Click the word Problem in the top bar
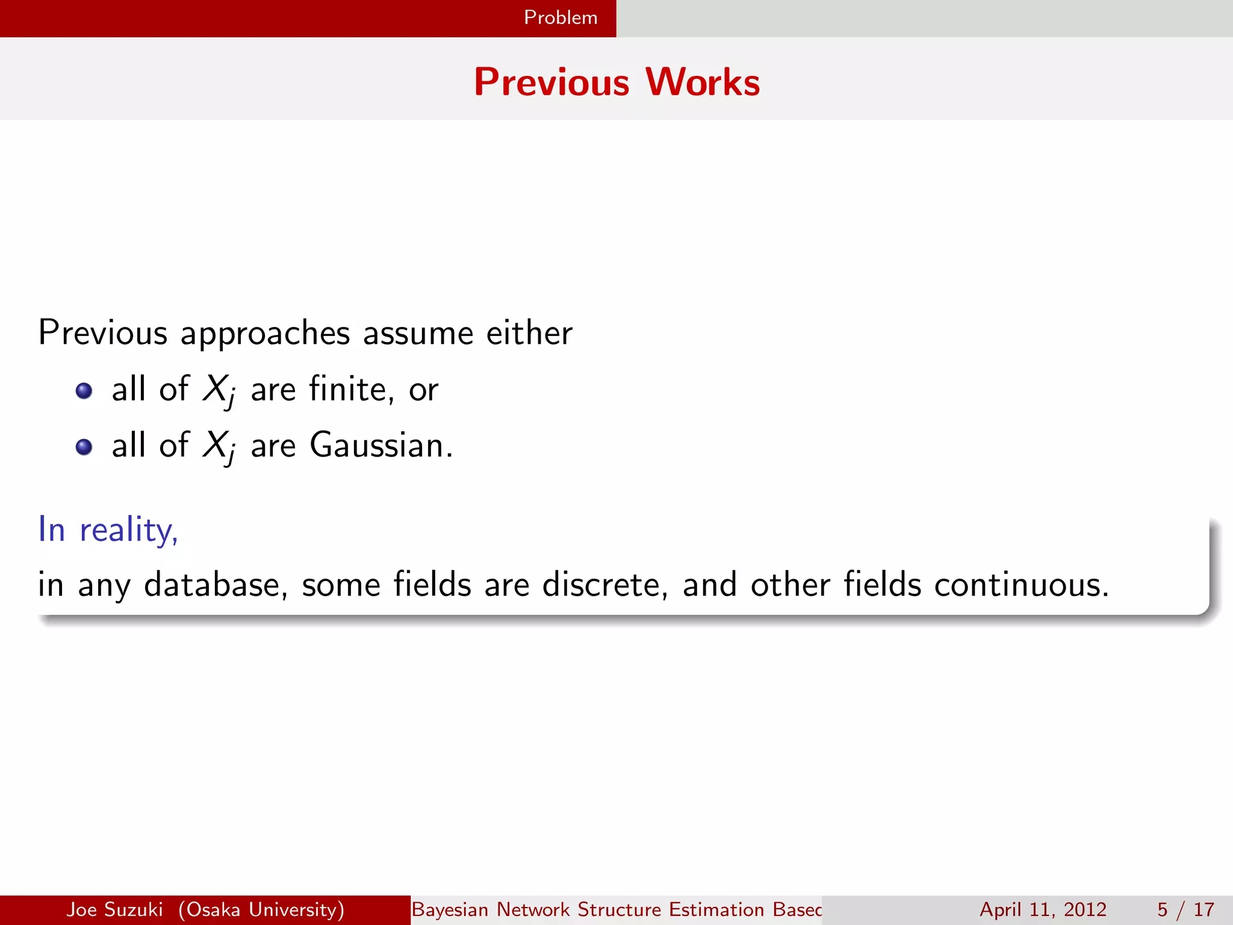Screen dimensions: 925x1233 pyautogui.click(x=561, y=17)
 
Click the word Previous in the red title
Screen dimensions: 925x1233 pyautogui.click(x=551, y=82)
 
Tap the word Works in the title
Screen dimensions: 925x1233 pyautogui.click(x=703, y=82)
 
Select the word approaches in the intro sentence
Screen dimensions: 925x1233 pyautogui.click(x=265, y=333)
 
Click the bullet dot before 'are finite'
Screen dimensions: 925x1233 pyautogui.click(x=84, y=391)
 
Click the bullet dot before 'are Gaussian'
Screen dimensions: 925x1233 pyautogui.click(x=84, y=447)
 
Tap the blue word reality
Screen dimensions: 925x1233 pyautogui.click(x=128, y=530)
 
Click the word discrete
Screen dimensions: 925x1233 pyautogui.click(x=604, y=585)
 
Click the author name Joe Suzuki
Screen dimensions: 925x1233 pyautogui.click(x=114, y=909)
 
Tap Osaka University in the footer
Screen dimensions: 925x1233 pyautogui.click(x=261, y=909)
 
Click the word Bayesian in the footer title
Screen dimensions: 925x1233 pyautogui.click(x=450, y=909)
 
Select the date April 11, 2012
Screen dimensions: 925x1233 pyautogui.click(x=1043, y=909)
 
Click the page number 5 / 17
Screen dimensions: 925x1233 pyautogui.click(x=1185, y=909)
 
